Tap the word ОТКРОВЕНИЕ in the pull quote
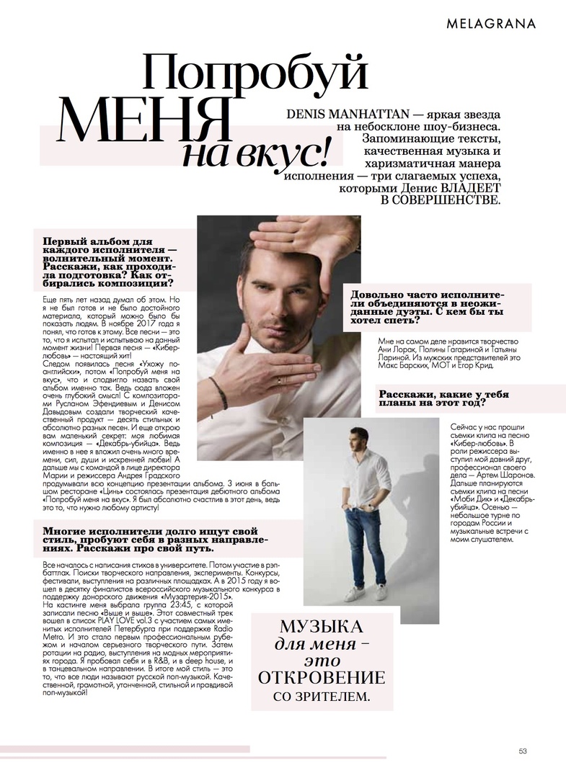[x=322, y=678]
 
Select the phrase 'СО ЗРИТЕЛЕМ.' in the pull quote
[x=322, y=697]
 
